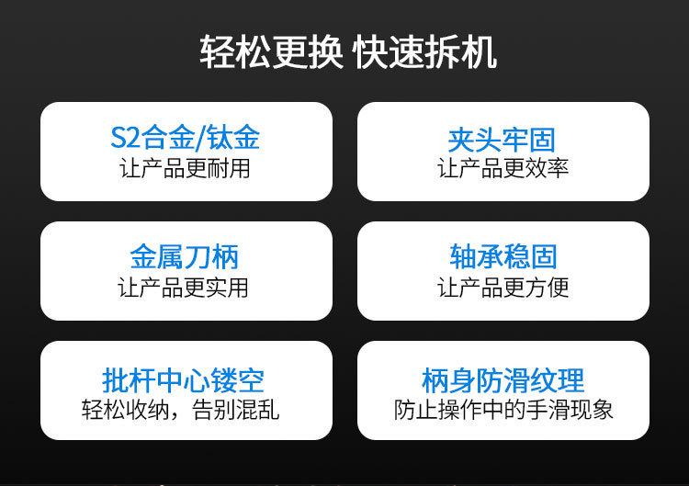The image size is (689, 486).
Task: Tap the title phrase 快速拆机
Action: pos(424,52)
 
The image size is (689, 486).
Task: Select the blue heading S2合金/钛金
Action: pos(186,138)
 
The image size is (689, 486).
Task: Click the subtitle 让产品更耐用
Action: pos(186,168)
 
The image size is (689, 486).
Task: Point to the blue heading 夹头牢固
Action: pos(503,139)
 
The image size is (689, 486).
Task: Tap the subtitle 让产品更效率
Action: pos(503,168)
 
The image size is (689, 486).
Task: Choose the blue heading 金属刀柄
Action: pos(186,256)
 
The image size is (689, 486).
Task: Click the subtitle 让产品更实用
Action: pos(186,287)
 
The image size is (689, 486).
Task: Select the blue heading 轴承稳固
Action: pos(503,256)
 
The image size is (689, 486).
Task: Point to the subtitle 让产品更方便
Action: pos(503,287)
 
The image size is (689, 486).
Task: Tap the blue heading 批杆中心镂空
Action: pos(186,379)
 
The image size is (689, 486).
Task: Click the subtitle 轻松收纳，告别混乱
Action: pos(186,408)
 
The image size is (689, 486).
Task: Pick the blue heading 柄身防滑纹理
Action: pos(503,379)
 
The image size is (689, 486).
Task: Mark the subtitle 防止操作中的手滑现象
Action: pos(503,408)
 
